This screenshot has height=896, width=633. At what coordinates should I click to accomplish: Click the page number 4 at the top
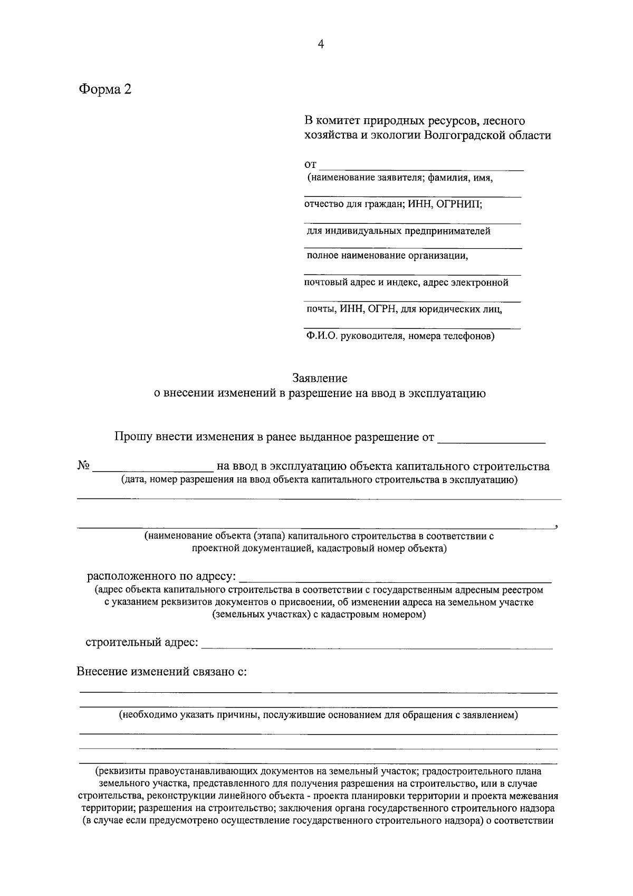(x=320, y=45)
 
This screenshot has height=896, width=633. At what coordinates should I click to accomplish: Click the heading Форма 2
(x=105, y=90)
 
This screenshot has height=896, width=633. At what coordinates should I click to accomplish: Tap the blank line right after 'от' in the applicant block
(x=421, y=168)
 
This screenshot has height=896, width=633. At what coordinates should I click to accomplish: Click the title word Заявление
(x=320, y=379)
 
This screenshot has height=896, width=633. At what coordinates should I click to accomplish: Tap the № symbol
(x=83, y=466)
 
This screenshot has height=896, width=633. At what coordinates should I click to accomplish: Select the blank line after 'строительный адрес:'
(x=377, y=646)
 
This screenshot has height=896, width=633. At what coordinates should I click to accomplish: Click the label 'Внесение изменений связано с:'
(x=162, y=672)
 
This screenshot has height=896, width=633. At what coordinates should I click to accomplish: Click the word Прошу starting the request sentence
(x=133, y=437)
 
